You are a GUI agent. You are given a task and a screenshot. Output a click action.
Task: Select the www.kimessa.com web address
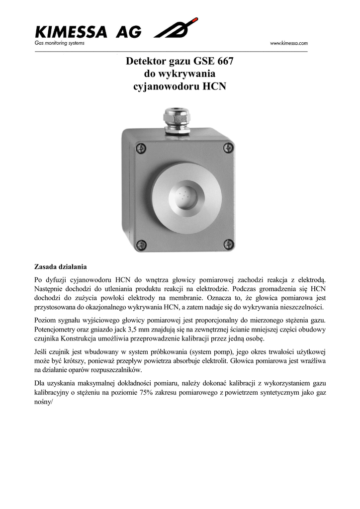pyautogui.click(x=289, y=44)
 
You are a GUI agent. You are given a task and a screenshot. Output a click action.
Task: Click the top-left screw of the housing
pyautogui.click(x=141, y=148)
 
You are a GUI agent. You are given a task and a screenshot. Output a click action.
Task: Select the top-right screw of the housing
pyautogui.click(x=228, y=148)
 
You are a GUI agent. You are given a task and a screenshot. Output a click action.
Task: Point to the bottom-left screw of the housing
pyautogui.click(x=141, y=244)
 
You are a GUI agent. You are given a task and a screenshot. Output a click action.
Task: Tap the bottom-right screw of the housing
pyautogui.click(x=228, y=244)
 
